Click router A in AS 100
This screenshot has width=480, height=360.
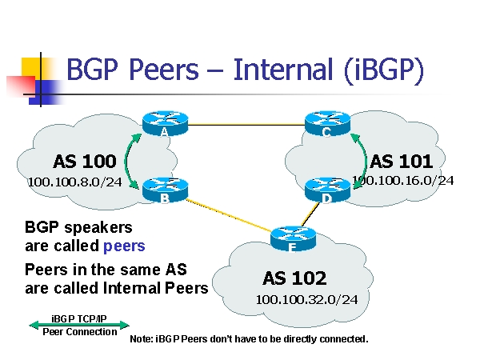coord(164,122)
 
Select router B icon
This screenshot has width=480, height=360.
coord(164,190)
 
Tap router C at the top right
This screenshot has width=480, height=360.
coord(327,122)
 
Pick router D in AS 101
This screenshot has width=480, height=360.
coord(327,190)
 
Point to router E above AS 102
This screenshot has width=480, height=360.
coord(290,237)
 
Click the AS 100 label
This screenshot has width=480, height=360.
coord(84,161)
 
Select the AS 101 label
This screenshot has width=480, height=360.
coord(402,161)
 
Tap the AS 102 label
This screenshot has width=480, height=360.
coord(294,278)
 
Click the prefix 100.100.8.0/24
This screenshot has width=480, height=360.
coord(74,182)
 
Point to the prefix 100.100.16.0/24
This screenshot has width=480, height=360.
coord(403,180)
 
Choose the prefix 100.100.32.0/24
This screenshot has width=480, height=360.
coord(306,299)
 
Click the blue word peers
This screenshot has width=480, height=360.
coord(124,245)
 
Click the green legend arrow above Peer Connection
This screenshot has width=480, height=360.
coord(78,325)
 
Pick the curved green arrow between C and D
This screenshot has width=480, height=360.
coord(361,157)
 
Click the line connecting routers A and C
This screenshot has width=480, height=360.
coord(246,125)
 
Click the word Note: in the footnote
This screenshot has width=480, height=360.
coord(142,339)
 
